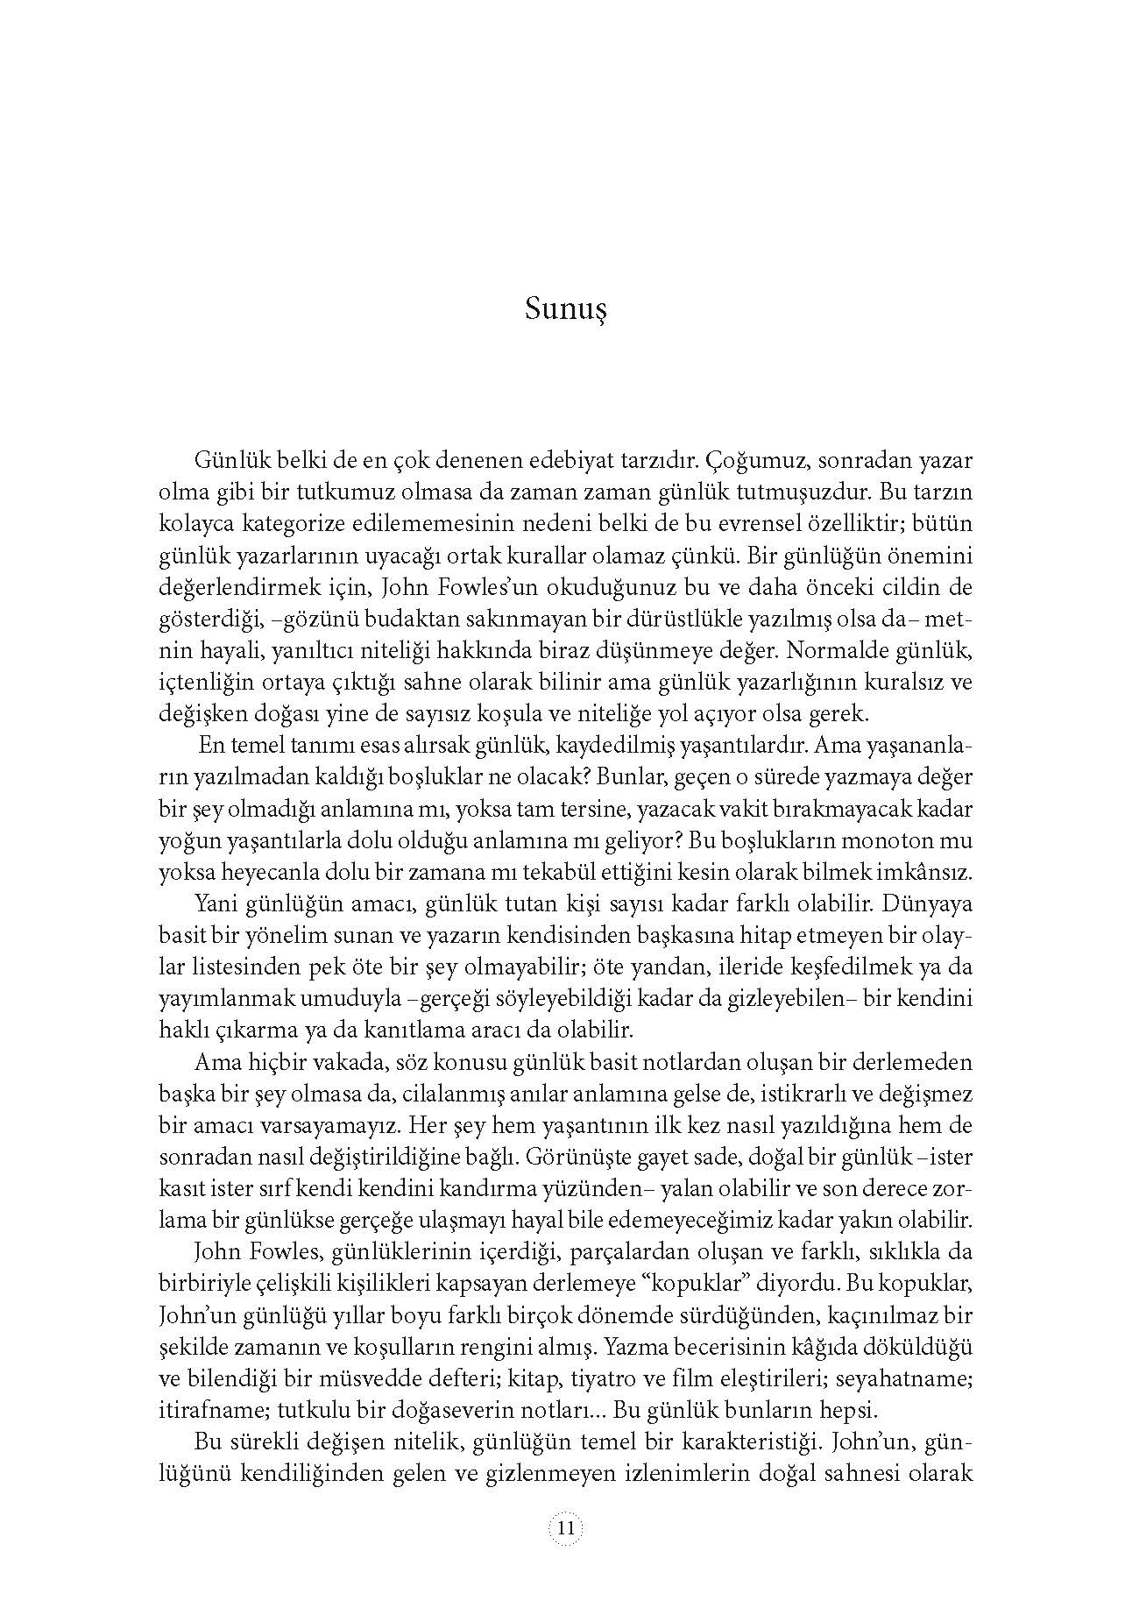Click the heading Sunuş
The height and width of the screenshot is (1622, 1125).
coord(566,310)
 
